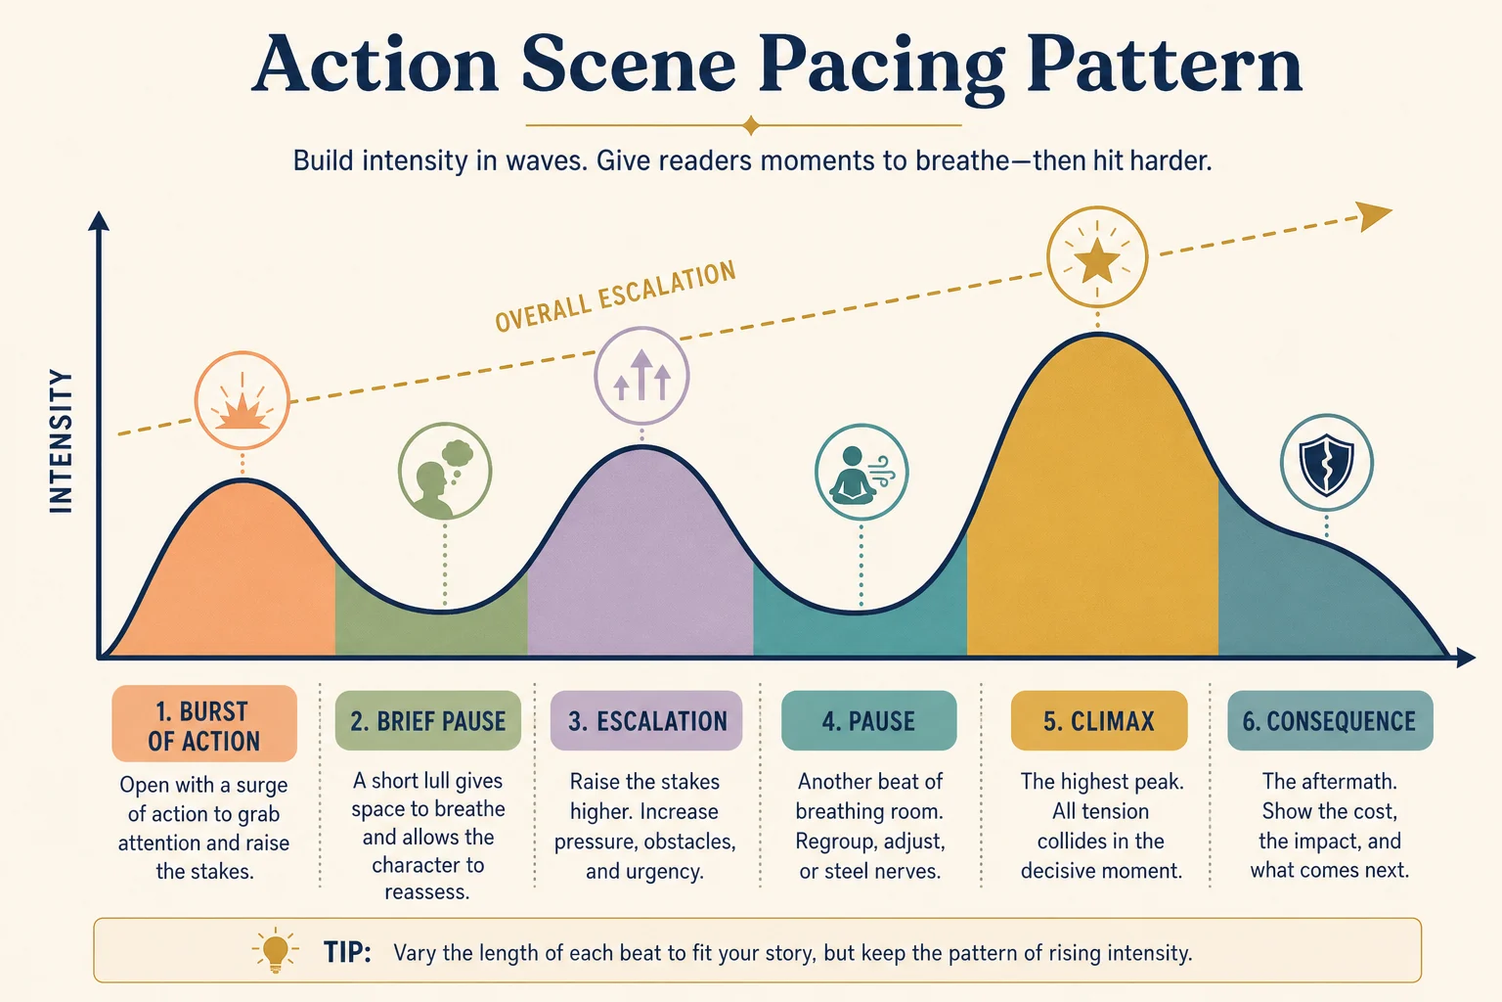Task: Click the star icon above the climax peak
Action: tap(1097, 259)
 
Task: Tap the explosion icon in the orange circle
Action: tap(242, 407)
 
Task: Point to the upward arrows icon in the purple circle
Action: tap(641, 375)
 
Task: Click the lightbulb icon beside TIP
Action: tap(275, 950)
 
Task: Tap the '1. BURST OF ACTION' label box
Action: tap(204, 723)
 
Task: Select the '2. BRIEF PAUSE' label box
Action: tap(427, 721)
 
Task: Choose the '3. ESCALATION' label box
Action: tap(646, 721)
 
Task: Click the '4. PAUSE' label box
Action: tap(869, 721)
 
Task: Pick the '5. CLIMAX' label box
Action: tap(1099, 721)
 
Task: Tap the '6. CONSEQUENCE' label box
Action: tap(1330, 721)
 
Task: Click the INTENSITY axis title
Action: tap(61, 441)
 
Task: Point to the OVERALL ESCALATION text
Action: tap(615, 296)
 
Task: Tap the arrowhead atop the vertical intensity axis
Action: tap(99, 221)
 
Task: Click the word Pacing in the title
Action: tap(882, 68)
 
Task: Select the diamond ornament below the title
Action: tap(751, 125)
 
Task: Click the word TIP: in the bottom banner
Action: tap(347, 952)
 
